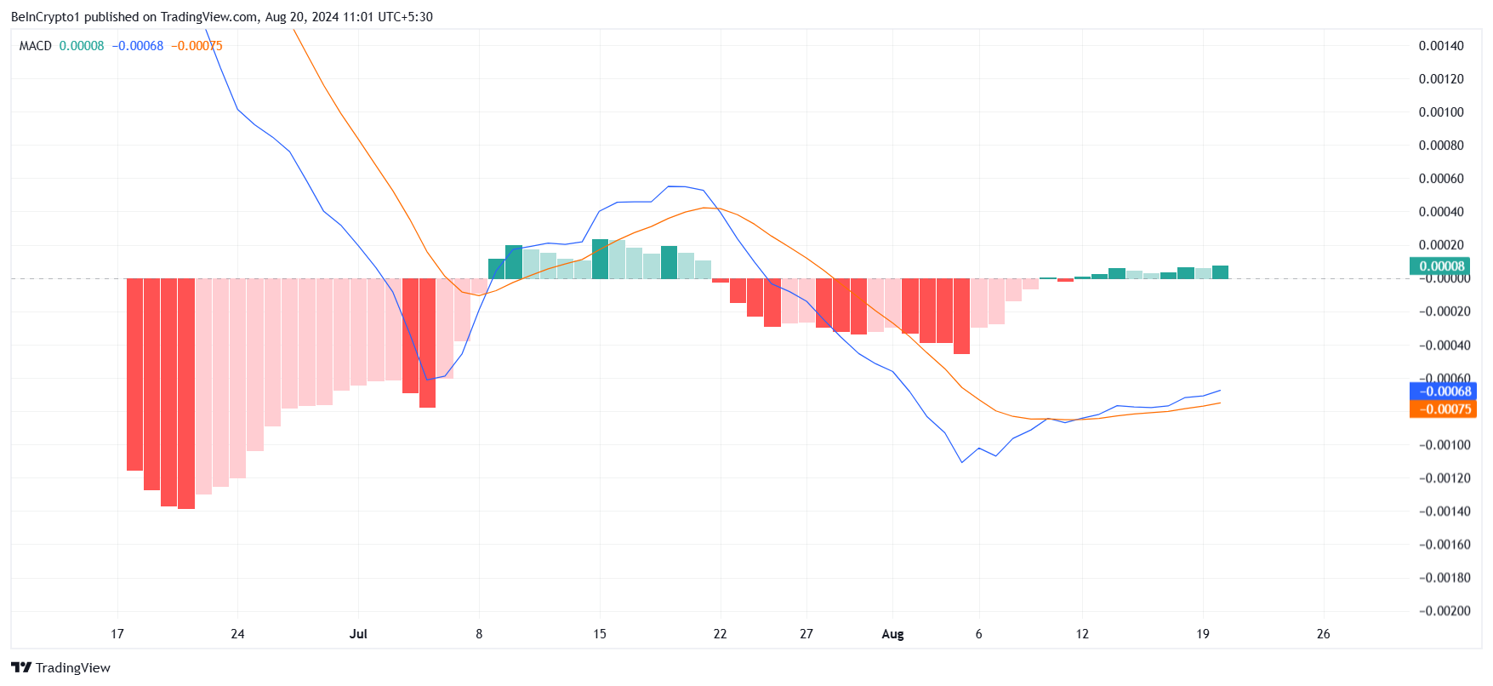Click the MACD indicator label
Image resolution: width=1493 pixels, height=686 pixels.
pos(36,46)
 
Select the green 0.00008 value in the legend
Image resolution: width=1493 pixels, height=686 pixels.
pos(82,46)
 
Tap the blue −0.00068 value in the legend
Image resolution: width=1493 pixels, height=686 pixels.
pos(138,46)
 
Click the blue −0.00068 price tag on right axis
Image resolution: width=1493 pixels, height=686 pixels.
pos(1443,392)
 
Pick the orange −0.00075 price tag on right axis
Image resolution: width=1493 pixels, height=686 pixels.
pos(1443,409)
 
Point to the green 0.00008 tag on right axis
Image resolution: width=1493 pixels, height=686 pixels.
pos(1442,266)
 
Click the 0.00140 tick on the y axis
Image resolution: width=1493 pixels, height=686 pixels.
pos(1441,46)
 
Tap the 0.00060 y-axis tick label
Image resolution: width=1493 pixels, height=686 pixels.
pos(1441,179)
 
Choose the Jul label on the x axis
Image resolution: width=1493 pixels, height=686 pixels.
pos(358,634)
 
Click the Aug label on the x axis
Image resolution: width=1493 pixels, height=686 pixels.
pos(892,634)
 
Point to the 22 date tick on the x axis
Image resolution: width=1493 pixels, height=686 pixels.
pos(720,634)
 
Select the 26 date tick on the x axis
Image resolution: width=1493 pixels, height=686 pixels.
pos(1323,634)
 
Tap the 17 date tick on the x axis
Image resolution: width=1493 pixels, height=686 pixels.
pos(117,634)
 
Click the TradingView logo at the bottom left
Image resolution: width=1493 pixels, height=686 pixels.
pos(60,668)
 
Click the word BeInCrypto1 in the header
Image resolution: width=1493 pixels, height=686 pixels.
pos(44,17)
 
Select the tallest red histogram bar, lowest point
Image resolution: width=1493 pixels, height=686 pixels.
pos(186,507)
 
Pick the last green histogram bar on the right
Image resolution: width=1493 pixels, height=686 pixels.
pos(1220,272)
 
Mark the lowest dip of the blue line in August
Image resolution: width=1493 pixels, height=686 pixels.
pos(962,462)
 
